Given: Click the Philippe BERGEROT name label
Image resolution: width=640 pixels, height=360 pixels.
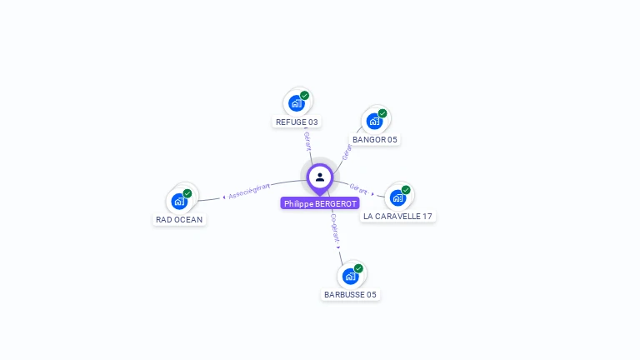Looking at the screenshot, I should click(x=320, y=203).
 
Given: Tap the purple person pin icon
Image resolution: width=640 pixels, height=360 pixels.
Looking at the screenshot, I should click(x=320, y=177).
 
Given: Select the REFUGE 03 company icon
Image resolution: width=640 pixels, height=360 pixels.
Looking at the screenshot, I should click(x=296, y=103).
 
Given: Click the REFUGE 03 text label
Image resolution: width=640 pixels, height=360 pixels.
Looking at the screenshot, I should click(x=297, y=122).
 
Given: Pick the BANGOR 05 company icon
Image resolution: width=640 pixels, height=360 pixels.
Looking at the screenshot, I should click(x=374, y=121).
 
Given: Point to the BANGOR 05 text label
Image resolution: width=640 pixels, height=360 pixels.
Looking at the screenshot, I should click(x=375, y=139).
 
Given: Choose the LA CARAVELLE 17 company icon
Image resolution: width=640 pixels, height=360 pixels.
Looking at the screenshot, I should click(x=397, y=197).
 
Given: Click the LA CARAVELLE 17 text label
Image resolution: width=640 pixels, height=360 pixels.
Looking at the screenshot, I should click(x=398, y=216).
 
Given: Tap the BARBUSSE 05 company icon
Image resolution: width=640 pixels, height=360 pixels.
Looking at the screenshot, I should click(x=350, y=276).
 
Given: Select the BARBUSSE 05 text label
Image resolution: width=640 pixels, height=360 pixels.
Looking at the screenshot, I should click(x=351, y=294).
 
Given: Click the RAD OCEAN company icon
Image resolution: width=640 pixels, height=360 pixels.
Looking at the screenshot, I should click(x=179, y=201).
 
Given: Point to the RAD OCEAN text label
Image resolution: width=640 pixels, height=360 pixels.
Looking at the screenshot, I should click(x=179, y=219).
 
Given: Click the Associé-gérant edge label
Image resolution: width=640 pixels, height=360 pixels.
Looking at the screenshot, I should click(x=248, y=191).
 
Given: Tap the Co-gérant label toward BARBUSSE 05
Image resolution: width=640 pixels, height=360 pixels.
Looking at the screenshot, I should click(x=335, y=227).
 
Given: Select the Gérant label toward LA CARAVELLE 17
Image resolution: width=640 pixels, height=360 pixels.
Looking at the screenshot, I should click(x=359, y=189).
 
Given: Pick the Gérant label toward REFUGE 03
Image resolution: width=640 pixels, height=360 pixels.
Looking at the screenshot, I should click(x=307, y=140).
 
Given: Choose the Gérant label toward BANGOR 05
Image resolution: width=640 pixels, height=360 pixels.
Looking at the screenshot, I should click(x=347, y=151).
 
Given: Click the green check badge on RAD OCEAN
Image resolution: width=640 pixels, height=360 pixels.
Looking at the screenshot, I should click(x=187, y=193).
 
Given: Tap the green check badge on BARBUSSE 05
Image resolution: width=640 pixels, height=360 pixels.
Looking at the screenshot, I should click(x=358, y=268).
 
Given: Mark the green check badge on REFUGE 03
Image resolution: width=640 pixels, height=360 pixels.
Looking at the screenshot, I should click(x=305, y=96).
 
